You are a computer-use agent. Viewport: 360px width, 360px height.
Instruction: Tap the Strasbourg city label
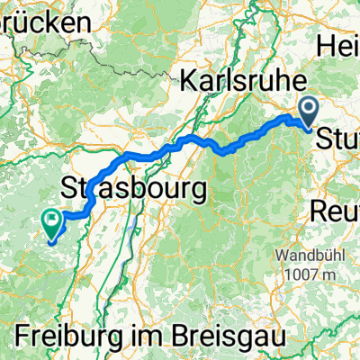[x=133, y=188]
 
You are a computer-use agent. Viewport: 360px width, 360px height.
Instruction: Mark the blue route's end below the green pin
[x=50, y=240]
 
